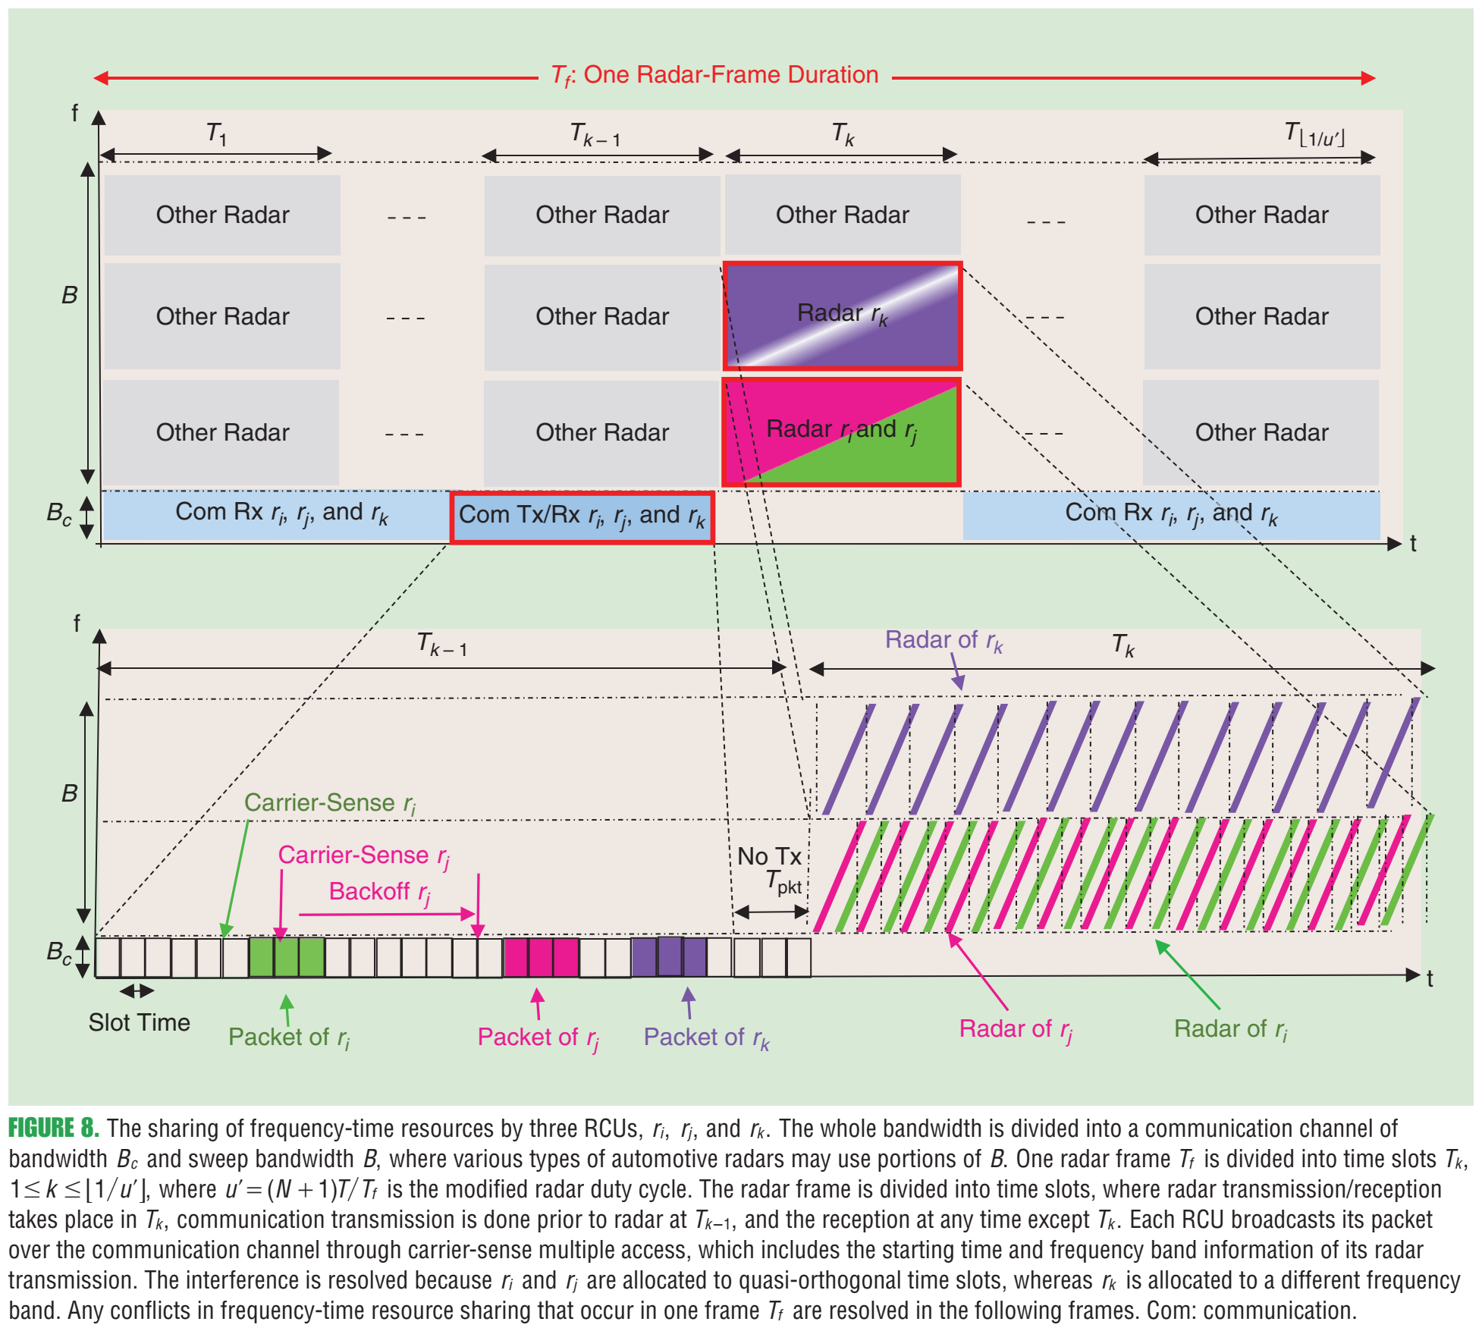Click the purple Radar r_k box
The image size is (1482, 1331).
point(842,315)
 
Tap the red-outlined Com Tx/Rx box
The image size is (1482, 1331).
point(582,517)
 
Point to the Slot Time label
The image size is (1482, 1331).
point(139,1022)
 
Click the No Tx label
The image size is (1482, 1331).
point(769,856)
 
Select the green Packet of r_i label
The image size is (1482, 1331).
point(289,1037)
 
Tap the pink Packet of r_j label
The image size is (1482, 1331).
point(538,1037)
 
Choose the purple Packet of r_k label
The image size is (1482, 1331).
point(706,1037)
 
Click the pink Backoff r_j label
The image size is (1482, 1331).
point(380,892)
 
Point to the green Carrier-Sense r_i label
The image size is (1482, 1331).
point(330,803)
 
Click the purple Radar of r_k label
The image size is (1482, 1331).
point(944,641)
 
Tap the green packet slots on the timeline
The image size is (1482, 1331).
point(287,957)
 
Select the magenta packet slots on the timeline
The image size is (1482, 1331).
point(541,957)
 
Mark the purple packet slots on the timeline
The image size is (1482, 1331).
point(669,957)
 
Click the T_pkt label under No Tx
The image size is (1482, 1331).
point(783,882)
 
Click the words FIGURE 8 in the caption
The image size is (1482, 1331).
point(53,1129)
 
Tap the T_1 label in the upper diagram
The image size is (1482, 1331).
point(217,134)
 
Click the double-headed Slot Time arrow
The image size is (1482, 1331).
point(137,990)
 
